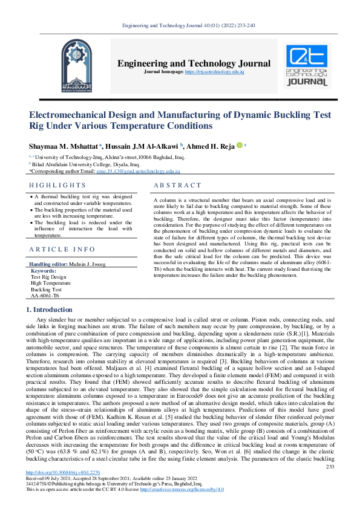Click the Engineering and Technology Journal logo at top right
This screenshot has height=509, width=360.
[307, 66]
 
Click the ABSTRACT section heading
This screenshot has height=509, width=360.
[177, 185]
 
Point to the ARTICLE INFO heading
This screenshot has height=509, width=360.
[62, 249]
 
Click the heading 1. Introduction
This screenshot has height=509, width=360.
[51, 310]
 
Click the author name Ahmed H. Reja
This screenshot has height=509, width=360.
[209, 146]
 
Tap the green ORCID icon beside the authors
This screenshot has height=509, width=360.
[239, 145]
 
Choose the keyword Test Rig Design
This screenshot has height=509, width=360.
[50, 277]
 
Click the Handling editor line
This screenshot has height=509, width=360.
[68, 264]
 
